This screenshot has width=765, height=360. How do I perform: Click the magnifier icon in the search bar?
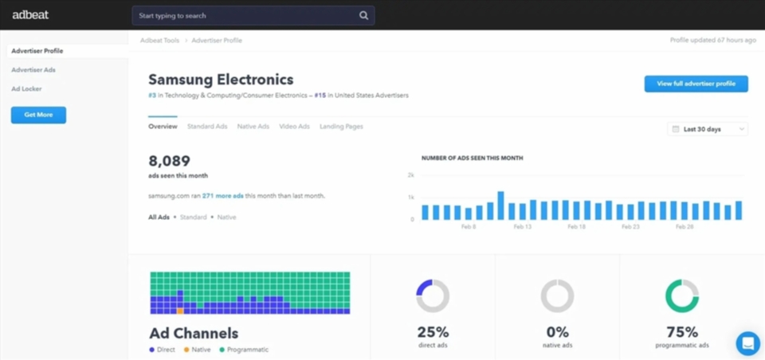point(364,15)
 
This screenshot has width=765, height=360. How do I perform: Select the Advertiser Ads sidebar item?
point(33,70)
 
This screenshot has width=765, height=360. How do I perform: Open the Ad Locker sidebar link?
point(26,89)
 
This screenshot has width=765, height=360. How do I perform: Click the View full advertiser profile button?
point(696,84)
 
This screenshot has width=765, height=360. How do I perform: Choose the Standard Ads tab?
point(207,127)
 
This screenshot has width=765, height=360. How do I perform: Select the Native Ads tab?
point(253,127)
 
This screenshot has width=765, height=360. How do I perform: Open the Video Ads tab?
point(294,127)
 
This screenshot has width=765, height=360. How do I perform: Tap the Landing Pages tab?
point(341,127)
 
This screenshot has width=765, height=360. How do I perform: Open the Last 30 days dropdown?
point(707,129)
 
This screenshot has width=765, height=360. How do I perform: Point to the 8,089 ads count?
point(170,161)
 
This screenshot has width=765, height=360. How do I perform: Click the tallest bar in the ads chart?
point(500,205)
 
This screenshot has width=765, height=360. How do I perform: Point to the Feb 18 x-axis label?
point(576,227)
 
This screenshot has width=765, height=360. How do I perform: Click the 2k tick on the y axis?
point(411,174)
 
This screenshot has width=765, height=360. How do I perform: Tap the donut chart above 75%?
point(681,296)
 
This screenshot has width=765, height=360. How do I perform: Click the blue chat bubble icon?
point(747,343)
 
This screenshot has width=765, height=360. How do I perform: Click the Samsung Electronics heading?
point(221,80)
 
